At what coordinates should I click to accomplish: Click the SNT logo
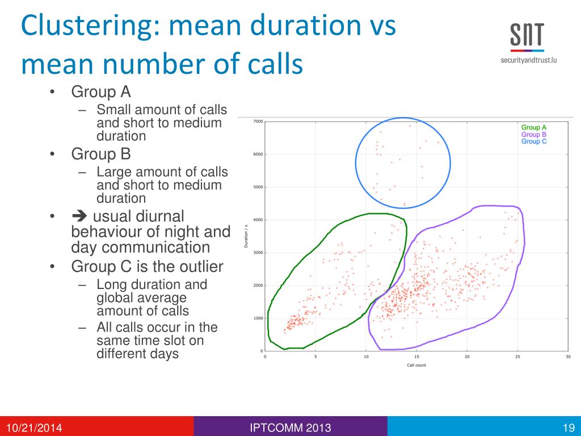527,37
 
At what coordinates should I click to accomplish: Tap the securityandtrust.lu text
528,59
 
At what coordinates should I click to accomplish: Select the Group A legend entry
534,128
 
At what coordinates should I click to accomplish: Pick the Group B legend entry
534,135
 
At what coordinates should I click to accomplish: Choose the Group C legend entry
534,141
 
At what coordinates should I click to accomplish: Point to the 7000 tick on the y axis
258,121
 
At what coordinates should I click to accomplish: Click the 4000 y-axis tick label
258,220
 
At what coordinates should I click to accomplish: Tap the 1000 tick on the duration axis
258,318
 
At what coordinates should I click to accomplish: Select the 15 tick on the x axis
416,357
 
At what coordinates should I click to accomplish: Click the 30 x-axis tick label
568,357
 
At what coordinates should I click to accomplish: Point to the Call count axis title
416,364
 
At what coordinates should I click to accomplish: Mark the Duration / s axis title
246,236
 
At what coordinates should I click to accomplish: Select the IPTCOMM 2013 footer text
290,427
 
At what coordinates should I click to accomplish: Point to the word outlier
203,267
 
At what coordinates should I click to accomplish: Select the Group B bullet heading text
101,154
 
